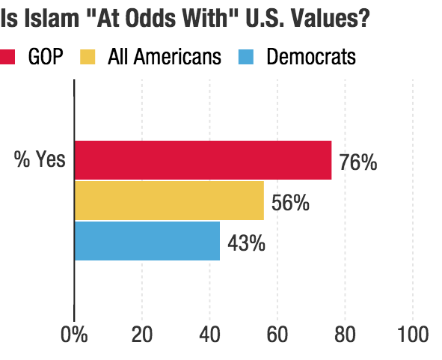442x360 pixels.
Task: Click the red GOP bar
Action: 203,160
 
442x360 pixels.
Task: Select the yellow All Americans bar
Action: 169,201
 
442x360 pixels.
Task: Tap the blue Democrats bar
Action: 147,241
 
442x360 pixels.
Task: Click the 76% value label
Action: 358,162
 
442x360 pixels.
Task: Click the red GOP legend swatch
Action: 9,57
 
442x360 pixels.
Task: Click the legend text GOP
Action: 46,57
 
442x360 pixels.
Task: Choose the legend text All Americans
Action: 165,57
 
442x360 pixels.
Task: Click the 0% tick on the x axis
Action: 75,335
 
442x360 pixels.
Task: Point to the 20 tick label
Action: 142,335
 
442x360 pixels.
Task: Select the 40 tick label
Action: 210,335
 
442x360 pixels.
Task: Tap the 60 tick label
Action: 277,335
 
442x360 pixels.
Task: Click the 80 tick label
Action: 345,335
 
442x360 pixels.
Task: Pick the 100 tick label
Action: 412,335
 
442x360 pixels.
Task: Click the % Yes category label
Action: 40,160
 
